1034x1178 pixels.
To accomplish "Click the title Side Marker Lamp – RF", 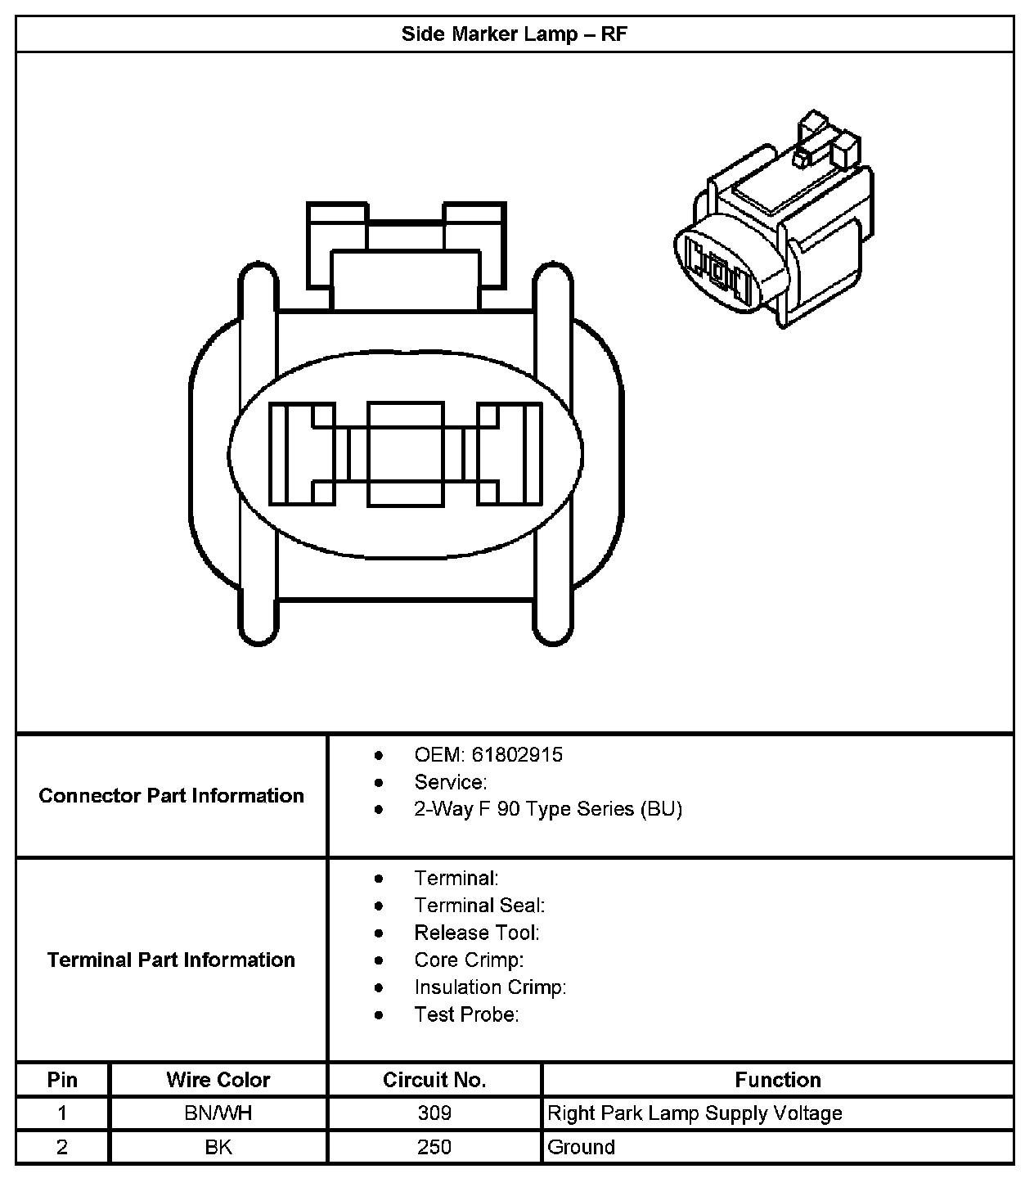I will coord(514,34).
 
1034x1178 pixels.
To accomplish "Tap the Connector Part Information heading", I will coord(171,795).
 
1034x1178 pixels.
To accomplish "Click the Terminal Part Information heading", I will coord(171,960).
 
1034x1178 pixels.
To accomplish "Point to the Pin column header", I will coord(62,1080).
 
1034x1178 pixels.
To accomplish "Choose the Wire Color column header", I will coord(218,1080).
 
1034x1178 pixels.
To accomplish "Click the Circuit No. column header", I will coord(434,1080).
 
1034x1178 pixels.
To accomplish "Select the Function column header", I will coord(777,1080).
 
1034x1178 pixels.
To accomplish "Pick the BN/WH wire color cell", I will coord(218,1113).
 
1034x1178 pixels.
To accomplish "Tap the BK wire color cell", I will coord(218,1147).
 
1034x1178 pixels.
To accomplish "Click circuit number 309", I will coord(434,1113).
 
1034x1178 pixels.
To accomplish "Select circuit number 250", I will coord(434,1147).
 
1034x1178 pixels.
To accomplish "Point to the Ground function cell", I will coord(581,1147).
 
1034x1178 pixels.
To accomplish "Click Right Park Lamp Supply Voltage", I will coord(695,1113).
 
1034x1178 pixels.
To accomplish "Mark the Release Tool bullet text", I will coord(477,933).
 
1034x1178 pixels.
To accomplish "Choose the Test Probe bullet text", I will coord(466,1014).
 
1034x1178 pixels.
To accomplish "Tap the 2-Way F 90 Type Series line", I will coord(548,809).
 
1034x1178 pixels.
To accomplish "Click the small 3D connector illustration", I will coord(773,225).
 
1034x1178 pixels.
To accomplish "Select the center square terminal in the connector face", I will coord(405,453).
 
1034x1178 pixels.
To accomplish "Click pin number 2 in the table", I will coord(62,1147).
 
